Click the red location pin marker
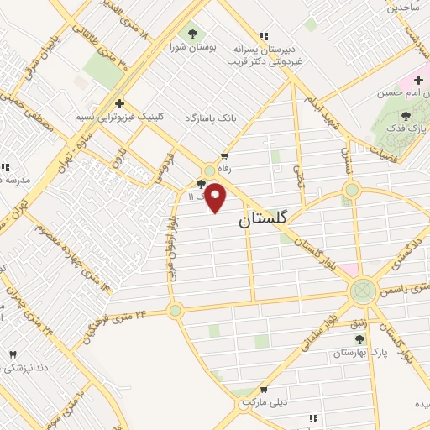point(216,197)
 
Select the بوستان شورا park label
point(194,48)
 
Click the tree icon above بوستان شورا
point(194,34)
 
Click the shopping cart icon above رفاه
point(224,156)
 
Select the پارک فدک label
point(406,129)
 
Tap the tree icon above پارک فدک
point(406,116)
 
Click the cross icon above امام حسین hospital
point(417,80)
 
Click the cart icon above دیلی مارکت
point(264,390)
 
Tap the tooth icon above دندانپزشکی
point(12,355)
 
